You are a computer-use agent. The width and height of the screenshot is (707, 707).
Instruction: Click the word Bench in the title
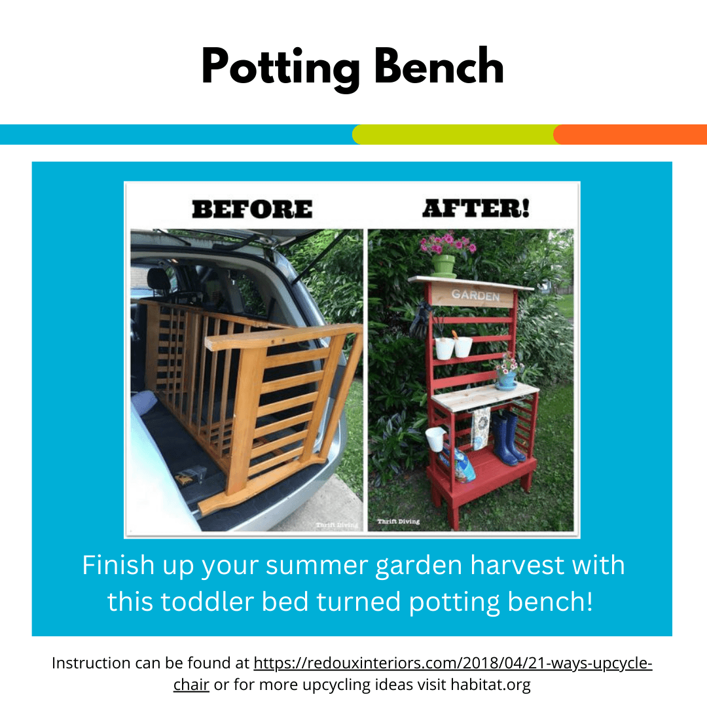[439, 66]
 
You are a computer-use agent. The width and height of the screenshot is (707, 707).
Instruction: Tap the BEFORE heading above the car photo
[252, 209]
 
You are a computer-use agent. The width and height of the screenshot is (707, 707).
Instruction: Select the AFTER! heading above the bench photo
[476, 208]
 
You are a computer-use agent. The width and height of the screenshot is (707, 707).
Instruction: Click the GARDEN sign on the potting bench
[476, 295]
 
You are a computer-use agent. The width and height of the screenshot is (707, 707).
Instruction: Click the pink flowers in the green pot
[447, 243]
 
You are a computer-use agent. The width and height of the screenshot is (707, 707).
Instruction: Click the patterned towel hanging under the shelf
[480, 427]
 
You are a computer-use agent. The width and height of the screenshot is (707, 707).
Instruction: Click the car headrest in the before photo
[158, 280]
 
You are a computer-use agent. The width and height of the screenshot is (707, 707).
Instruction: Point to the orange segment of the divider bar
[630, 134]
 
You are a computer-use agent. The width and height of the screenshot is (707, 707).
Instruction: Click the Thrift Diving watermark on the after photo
[399, 521]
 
